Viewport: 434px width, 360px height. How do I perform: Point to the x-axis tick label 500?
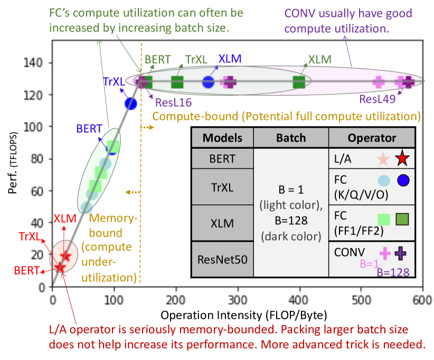[361, 299]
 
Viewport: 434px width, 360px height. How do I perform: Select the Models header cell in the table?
[222, 138]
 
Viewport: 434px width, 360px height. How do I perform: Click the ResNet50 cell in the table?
[222, 260]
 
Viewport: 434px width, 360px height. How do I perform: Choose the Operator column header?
[372, 138]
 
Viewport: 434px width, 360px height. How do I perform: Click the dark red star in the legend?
[402, 157]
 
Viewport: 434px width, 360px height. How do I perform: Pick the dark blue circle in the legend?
[403, 180]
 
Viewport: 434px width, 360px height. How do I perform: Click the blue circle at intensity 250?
[208, 82]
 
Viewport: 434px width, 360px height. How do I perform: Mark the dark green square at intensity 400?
[299, 82]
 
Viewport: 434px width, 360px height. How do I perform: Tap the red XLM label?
[64, 218]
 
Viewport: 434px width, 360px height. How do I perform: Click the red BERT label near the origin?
[27, 271]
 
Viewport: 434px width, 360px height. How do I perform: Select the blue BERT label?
[89, 128]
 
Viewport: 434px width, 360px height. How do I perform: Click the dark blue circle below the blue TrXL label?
[130, 103]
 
